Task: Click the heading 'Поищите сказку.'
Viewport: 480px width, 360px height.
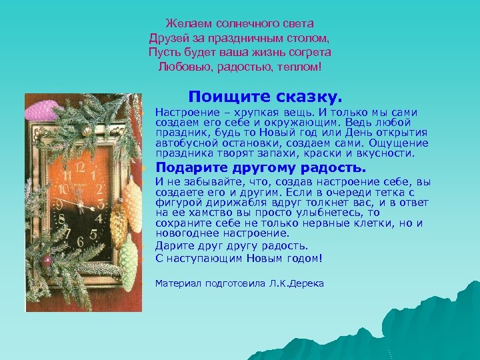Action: tap(265, 97)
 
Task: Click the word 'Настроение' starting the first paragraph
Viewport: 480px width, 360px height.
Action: tap(181, 113)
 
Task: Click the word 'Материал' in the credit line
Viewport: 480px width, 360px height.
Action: tap(175, 283)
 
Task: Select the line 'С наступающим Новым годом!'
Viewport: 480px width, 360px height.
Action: tap(238, 258)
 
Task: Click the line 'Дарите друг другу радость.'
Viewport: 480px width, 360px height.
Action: tap(231, 246)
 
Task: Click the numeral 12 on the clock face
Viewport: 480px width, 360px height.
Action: tap(81, 165)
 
